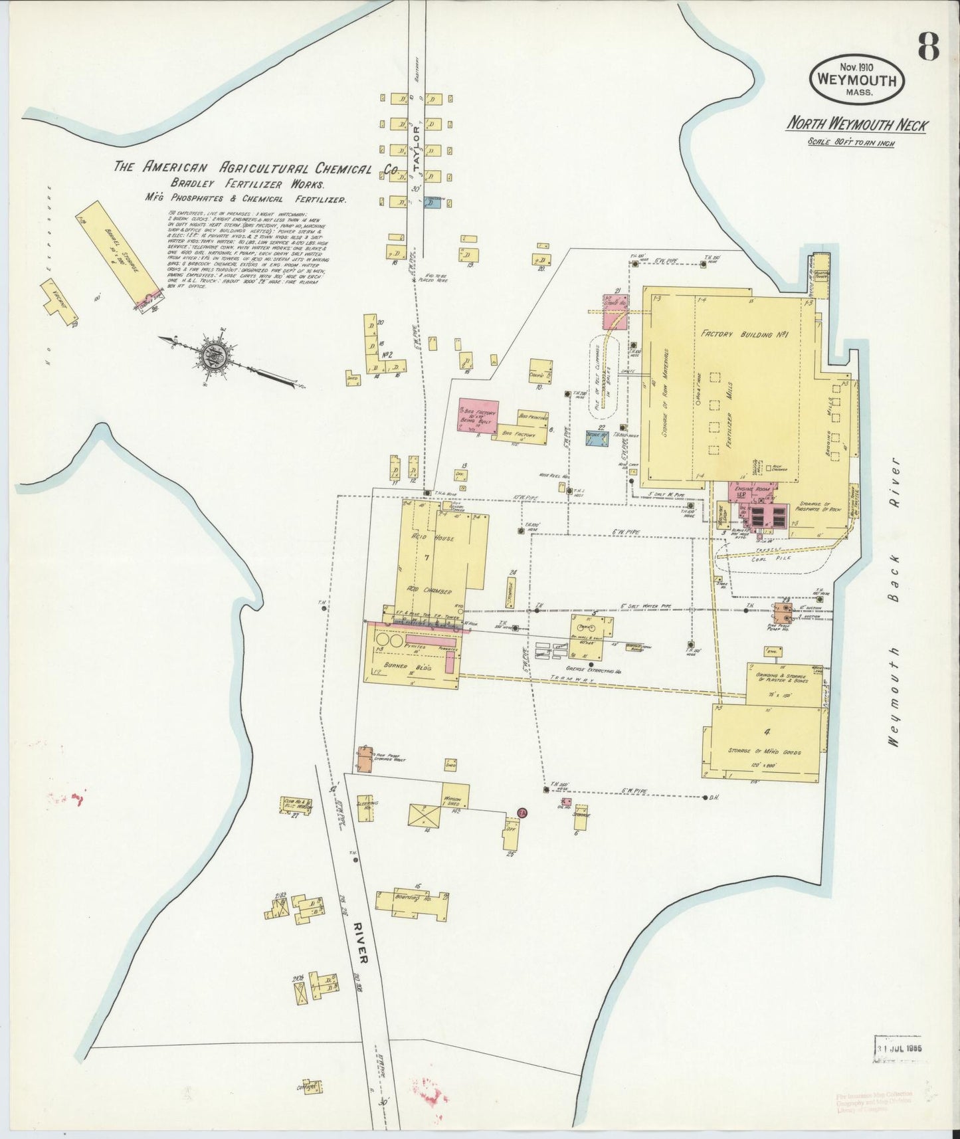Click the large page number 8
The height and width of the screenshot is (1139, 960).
point(928,47)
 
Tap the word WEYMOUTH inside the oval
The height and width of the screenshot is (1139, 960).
point(856,81)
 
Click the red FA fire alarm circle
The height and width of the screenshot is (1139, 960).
point(522,814)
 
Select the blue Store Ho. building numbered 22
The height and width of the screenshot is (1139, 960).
point(597,437)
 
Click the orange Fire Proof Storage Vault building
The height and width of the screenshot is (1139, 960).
point(364,760)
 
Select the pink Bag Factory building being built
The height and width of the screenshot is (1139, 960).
point(478,417)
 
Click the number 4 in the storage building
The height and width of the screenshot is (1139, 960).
point(767,733)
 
